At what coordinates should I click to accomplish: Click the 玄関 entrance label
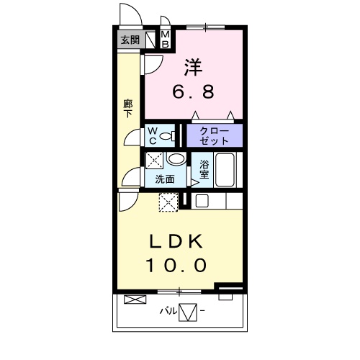130,40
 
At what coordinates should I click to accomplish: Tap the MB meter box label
166,40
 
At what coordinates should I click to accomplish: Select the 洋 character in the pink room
193,67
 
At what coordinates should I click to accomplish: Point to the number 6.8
193,91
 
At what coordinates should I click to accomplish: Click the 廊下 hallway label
128,109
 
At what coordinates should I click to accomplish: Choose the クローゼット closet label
215,136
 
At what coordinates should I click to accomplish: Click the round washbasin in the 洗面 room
176,158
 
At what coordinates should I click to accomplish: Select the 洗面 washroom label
165,179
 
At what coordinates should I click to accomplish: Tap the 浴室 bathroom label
204,169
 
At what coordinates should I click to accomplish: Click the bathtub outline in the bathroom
225,170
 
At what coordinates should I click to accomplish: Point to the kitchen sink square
202,201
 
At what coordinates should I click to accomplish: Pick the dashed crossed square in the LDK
168,202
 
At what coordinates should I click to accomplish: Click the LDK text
176,241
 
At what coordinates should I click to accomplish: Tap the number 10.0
176,266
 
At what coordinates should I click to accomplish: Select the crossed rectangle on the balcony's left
135,300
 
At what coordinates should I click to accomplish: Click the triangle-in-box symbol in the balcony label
188,312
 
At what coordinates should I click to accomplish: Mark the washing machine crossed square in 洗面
155,160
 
